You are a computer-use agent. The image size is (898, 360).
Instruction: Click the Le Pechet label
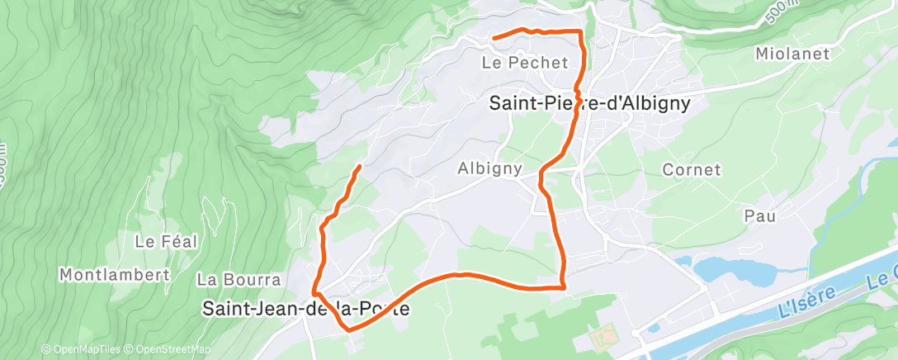525,63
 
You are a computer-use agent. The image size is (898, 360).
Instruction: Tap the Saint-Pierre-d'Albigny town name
588,104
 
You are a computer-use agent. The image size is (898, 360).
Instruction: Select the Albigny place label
489,168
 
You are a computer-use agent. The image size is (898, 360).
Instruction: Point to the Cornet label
692,170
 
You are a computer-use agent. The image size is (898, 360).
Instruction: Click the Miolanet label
790,54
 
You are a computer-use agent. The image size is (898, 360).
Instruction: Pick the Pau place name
760,216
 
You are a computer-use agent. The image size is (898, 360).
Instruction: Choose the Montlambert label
114,274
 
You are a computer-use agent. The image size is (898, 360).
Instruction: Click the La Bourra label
239,280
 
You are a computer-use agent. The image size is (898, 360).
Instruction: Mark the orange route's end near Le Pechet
494,37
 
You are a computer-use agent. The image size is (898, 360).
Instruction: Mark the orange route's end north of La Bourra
359,167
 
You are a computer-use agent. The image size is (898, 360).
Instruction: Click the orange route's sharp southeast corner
563,287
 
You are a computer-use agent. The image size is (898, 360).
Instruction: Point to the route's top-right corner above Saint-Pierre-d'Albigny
581,31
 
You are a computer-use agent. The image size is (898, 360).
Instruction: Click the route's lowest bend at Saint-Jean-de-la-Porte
350,329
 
